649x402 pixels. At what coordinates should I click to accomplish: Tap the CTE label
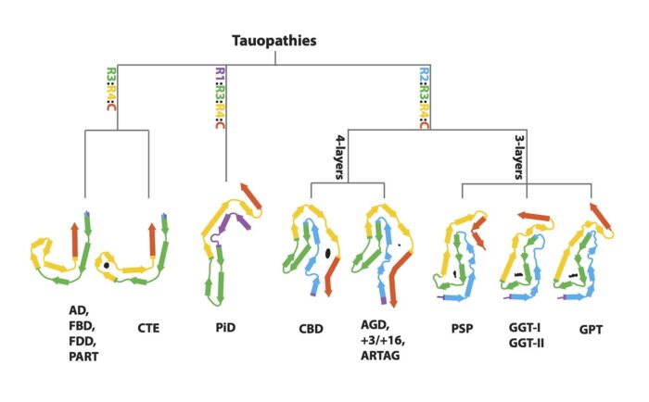pyautogui.click(x=148, y=327)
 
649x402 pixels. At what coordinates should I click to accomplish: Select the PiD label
pyautogui.click(x=223, y=327)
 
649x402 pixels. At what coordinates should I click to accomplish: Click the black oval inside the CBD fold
pyautogui.click(x=328, y=252)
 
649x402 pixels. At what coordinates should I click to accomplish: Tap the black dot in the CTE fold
pyautogui.click(x=108, y=266)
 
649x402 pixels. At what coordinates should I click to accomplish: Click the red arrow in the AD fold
pyautogui.click(x=74, y=239)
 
